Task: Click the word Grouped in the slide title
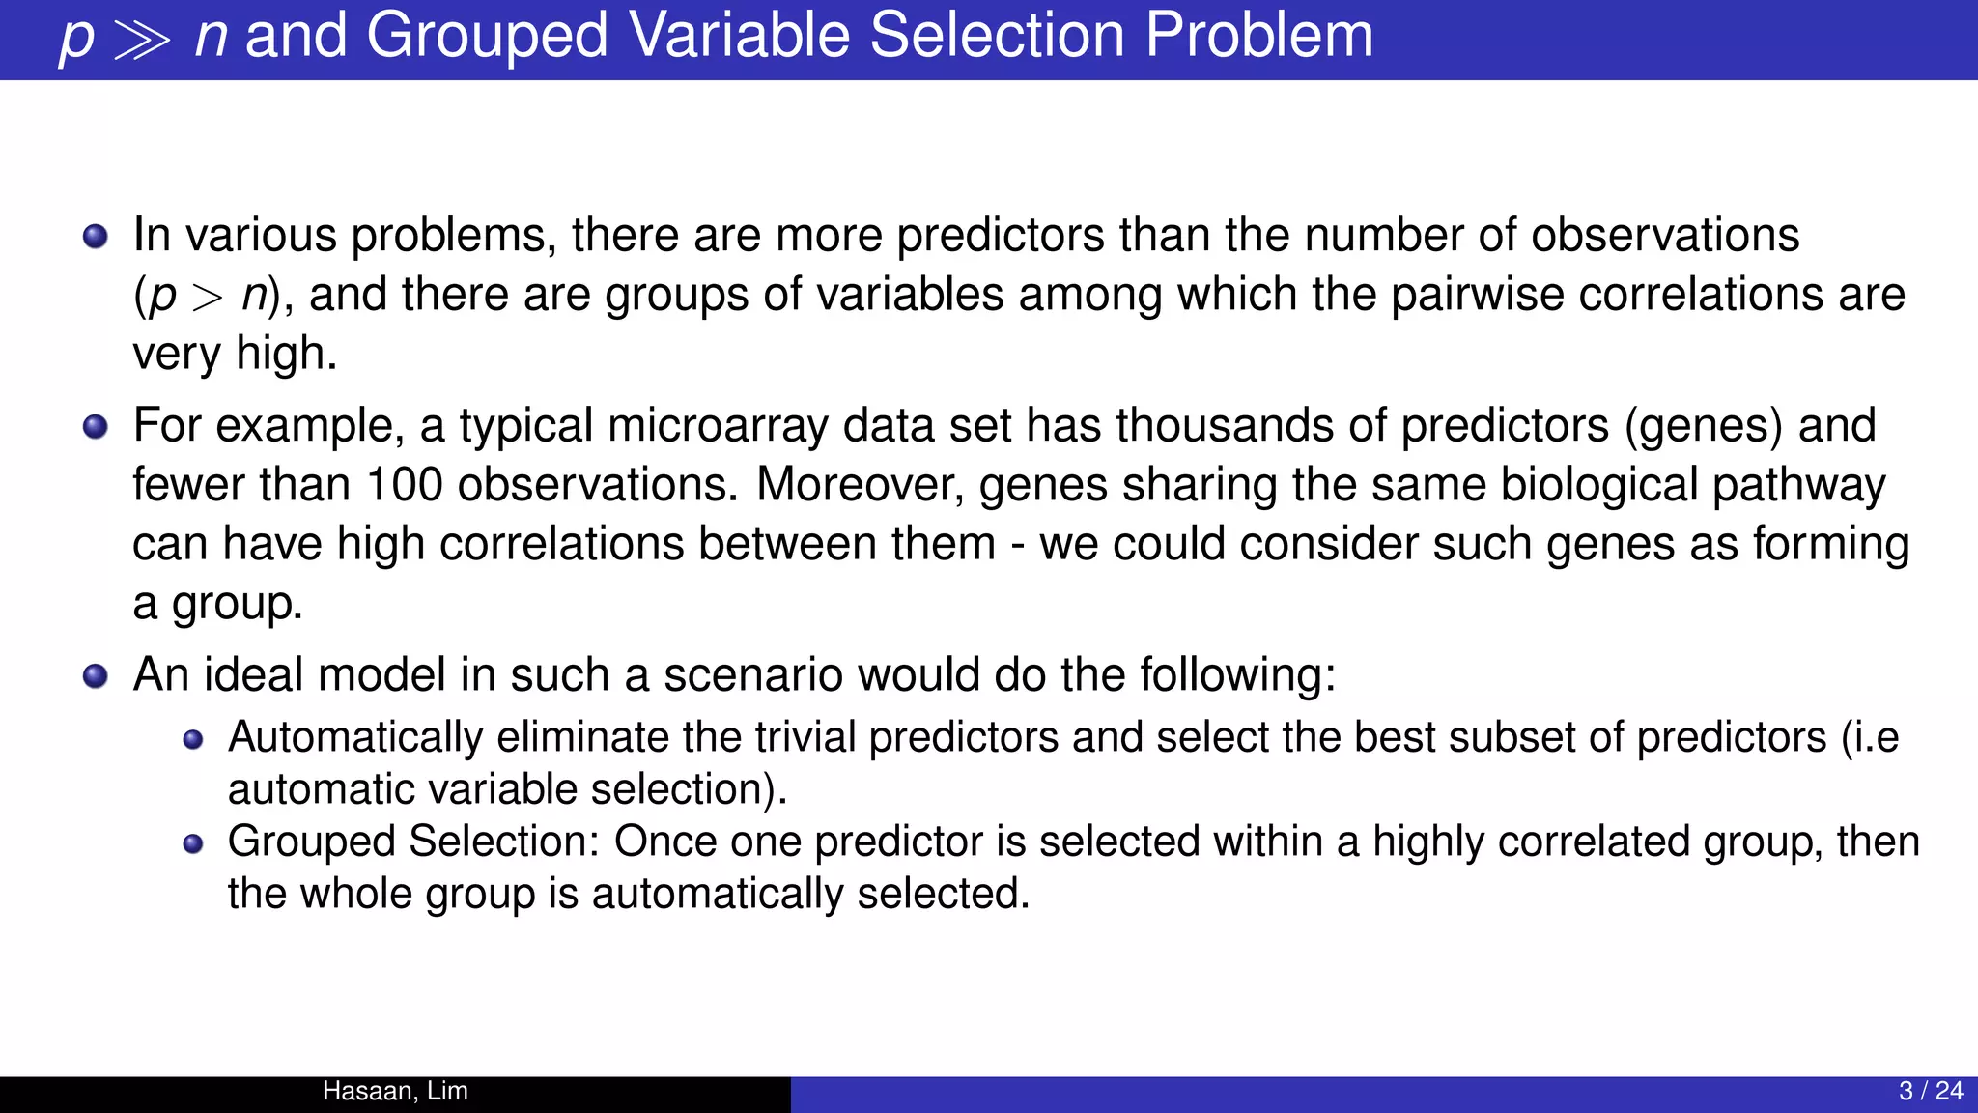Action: (x=487, y=37)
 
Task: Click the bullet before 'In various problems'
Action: (x=96, y=236)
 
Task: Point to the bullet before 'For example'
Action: (x=96, y=426)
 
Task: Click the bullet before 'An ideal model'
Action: (x=96, y=675)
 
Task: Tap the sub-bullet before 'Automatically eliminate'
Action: (x=193, y=740)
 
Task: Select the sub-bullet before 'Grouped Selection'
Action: (x=193, y=843)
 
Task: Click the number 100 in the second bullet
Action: (x=404, y=484)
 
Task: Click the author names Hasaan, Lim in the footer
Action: (x=395, y=1091)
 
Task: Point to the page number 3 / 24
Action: (x=1930, y=1091)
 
